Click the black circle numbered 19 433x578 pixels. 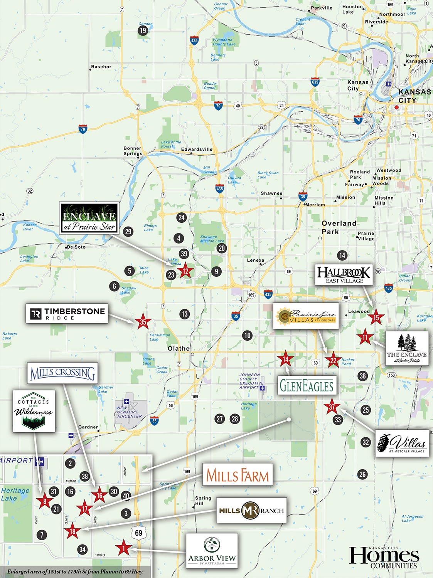click(x=143, y=30)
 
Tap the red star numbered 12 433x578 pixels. click(x=185, y=271)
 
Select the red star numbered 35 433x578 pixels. click(x=143, y=322)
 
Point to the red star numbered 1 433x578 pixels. click(x=123, y=548)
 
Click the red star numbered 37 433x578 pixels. click(x=332, y=407)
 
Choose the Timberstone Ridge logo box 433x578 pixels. click(x=67, y=314)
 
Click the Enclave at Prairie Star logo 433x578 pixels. click(x=89, y=218)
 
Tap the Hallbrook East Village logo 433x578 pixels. click(x=344, y=274)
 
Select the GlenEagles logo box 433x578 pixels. click(x=307, y=385)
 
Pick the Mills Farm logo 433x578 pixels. click(x=238, y=475)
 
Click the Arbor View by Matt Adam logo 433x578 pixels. click(x=212, y=551)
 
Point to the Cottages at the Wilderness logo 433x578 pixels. click(x=34, y=411)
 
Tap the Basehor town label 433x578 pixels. click(x=101, y=67)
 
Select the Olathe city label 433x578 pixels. click(x=179, y=348)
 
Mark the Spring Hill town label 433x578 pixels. click(x=203, y=501)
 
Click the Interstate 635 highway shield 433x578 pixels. click(x=315, y=82)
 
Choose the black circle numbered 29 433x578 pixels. click(x=128, y=232)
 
